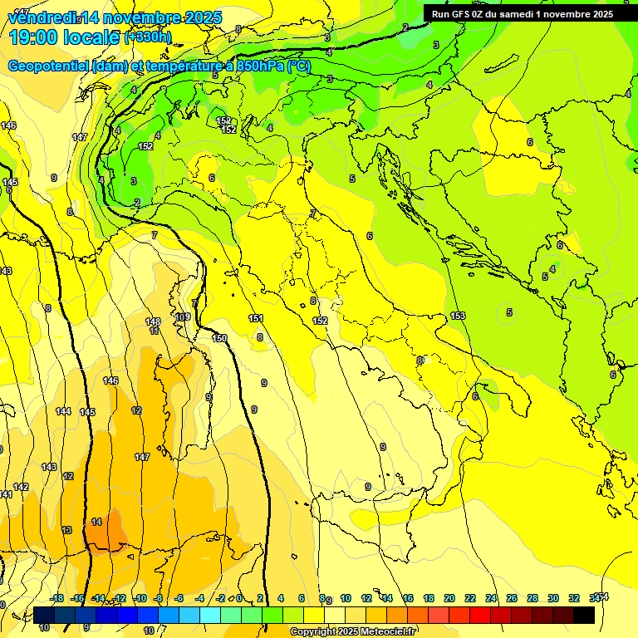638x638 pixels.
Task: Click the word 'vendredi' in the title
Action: point(42,17)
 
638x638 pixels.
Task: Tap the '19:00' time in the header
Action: point(31,37)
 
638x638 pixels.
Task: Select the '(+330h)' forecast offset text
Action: point(148,37)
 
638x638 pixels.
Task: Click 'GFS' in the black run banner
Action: point(466,13)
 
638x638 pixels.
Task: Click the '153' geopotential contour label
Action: point(458,316)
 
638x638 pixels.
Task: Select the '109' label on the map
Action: point(183,317)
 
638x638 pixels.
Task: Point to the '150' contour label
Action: point(219,338)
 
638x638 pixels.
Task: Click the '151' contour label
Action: point(256,318)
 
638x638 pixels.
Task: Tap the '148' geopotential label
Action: point(153,321)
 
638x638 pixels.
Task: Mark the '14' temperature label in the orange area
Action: point(96,522)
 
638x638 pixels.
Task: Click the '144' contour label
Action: point(63,411)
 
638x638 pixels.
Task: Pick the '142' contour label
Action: point(21,487)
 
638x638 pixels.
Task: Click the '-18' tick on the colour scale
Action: point(56,598)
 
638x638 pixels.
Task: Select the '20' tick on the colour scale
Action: point(449,598)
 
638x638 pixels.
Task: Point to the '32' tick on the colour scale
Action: point(573,598)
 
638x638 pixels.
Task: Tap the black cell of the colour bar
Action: point(583,615)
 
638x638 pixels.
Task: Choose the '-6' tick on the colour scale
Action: point(179,598)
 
